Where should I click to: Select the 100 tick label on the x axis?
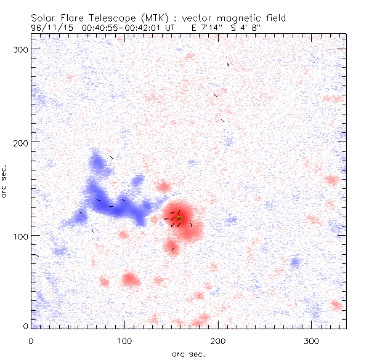tap(124, 340)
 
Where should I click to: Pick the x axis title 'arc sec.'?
tap(188, 353)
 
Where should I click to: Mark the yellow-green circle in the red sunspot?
tap(179, 218)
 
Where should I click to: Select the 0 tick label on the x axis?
tap(31, 340)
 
